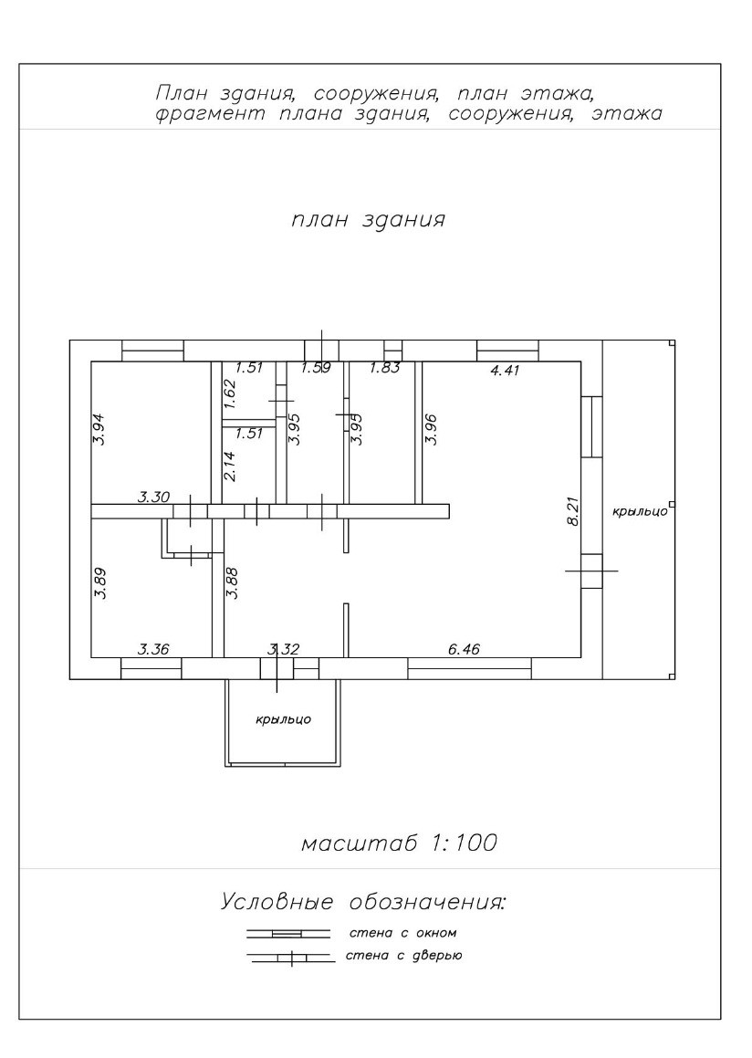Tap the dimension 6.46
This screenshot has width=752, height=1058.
[464, 649]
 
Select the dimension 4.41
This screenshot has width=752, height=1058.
[507, 370]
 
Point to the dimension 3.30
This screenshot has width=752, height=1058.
[153, 498]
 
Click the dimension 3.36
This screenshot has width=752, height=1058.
[153, 649]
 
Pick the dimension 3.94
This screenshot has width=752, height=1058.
[100, 429]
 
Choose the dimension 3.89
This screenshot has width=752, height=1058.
[100, 583]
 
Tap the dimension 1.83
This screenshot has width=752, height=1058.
[384, 368]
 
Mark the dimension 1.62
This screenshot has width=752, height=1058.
[230, 393]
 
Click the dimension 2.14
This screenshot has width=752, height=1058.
[230, 466]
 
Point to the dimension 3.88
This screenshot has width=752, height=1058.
[233, 583]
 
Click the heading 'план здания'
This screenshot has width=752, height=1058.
[368, 220]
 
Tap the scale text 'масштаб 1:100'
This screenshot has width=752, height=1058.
[399, 843]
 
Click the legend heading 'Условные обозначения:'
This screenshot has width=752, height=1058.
[363, 903]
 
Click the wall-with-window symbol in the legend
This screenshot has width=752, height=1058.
[287, 934]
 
